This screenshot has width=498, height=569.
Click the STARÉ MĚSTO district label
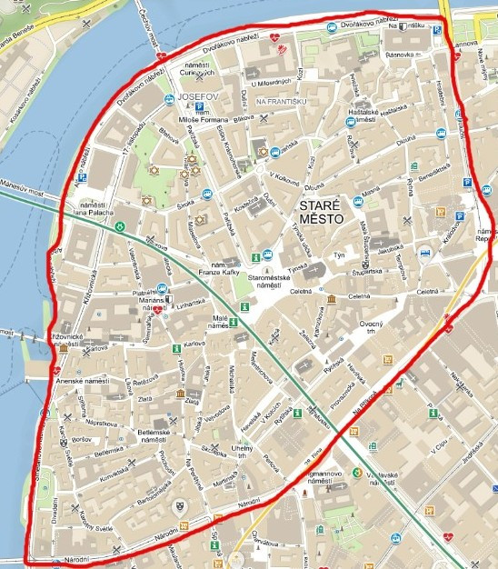click(x=320, y=213)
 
